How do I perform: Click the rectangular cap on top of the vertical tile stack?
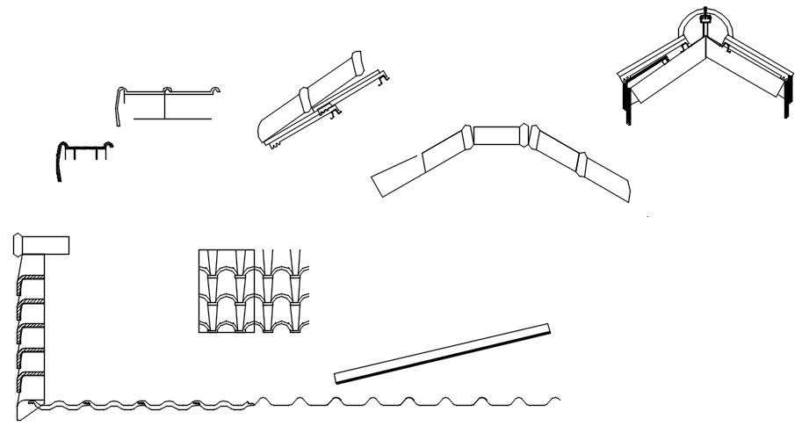coord(43,245)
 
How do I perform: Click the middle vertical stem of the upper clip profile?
coord(165,104)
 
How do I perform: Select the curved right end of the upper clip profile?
coord(213,90)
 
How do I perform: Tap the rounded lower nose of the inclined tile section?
coord(261,134)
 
